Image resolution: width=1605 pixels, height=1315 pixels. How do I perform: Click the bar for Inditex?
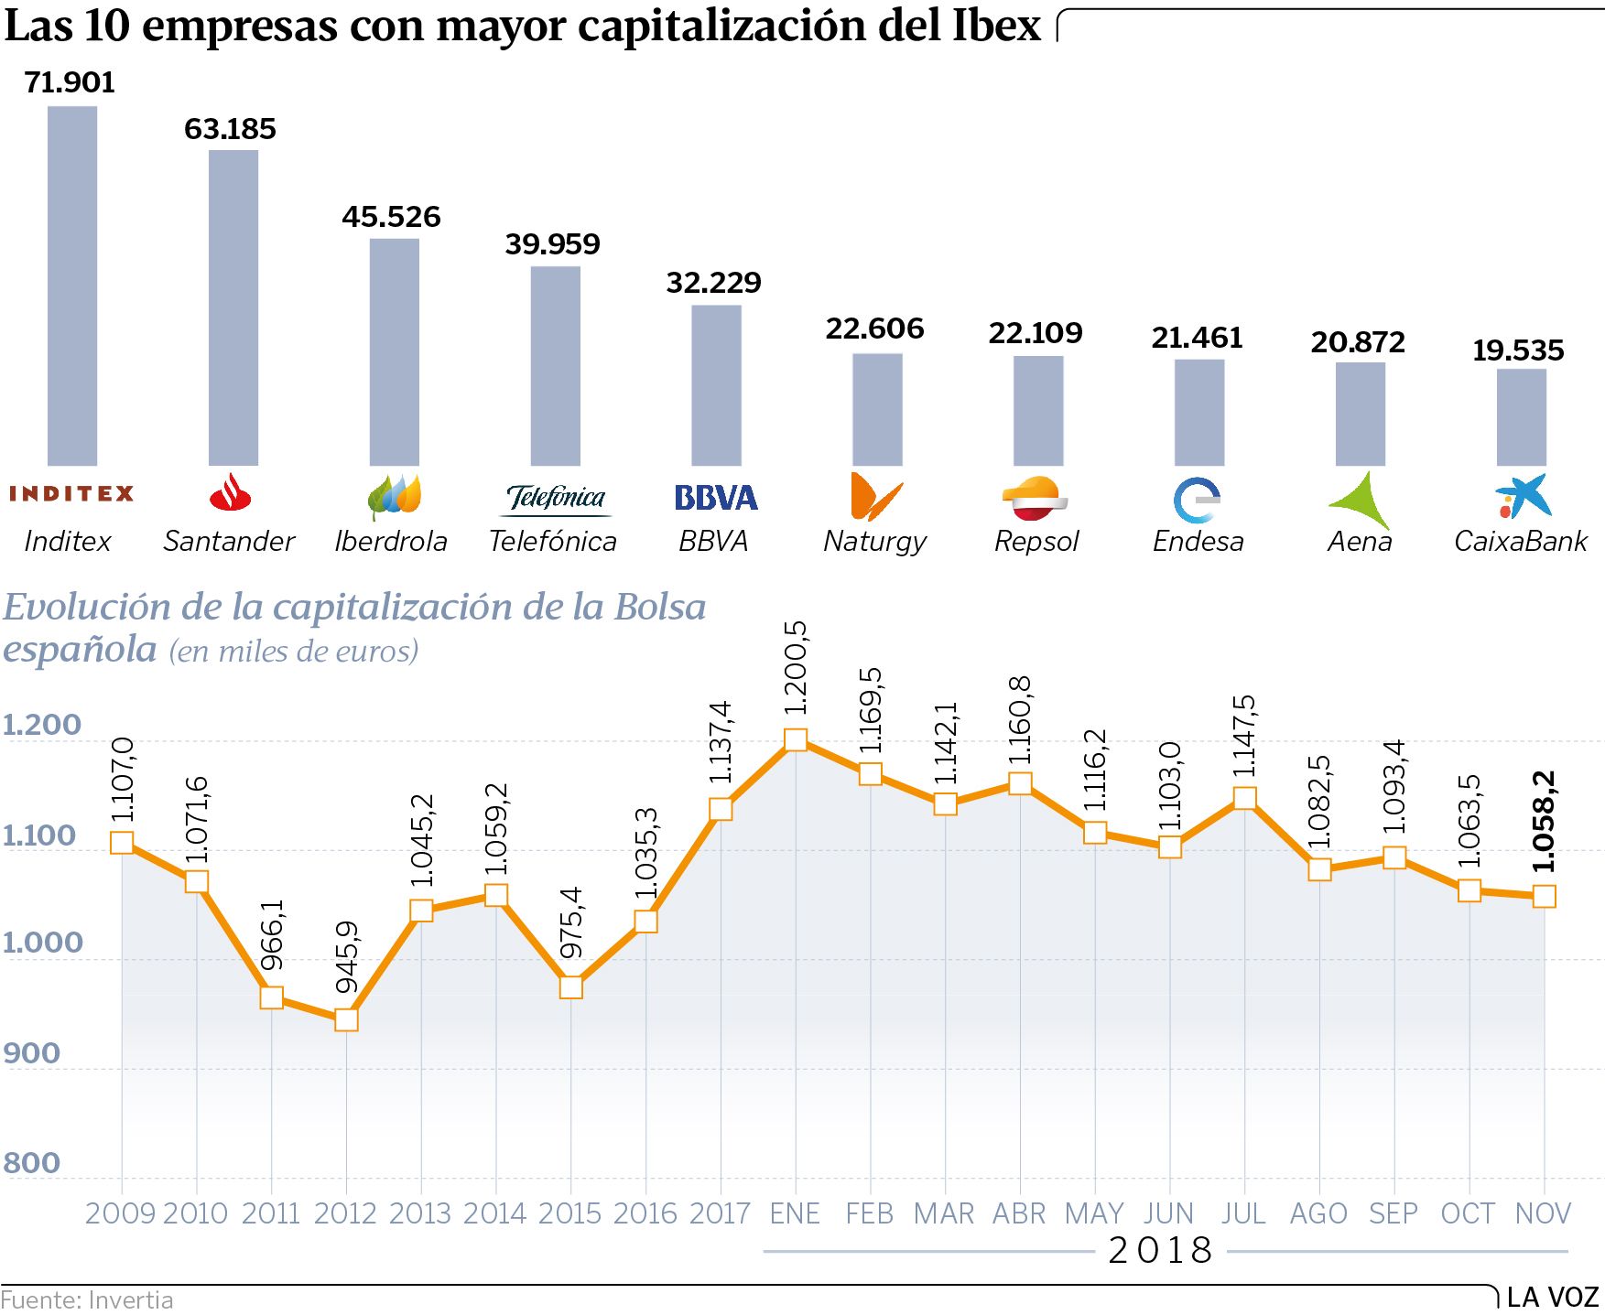click(x=72, y=286)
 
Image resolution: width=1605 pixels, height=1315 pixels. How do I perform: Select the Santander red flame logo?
click(x=230, y=493)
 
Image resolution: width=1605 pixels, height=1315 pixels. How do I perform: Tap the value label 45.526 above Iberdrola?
click(x=391, y=217)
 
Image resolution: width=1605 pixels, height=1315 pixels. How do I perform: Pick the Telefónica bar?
click(x=556, y=366)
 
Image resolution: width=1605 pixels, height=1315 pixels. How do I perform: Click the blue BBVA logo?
click(x=716, y=498)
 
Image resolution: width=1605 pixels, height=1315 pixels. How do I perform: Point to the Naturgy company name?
click(x=874, y=542)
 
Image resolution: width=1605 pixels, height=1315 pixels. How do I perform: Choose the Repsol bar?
click(x=1038, y=411)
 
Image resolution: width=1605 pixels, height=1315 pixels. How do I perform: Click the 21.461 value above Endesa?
click(x=1197, y=338)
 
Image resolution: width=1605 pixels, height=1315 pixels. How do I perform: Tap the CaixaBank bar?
click(x=1522, y=417)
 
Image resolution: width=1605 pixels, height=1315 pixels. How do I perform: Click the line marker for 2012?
click(x=346, y=1019)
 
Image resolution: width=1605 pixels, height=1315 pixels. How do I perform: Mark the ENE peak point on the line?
click(x=796, y=739)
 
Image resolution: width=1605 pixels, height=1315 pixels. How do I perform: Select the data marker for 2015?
click(x=570, y=987)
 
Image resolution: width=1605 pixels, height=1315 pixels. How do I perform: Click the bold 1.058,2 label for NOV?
click(x=1544, y=822)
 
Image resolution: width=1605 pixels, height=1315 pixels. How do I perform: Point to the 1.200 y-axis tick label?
click(x=42, y=725)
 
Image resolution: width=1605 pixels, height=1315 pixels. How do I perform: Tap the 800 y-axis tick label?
click(x=32, y=1163)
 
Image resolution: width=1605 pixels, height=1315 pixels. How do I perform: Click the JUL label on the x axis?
click(x=1243, y=1213)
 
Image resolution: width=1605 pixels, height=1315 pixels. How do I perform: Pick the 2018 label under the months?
click(x=1160, y=1251)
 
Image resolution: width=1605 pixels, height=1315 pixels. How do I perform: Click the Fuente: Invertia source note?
click(x=87, y=1300)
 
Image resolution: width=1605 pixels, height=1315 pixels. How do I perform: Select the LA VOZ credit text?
click(x=1553, y=1297)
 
